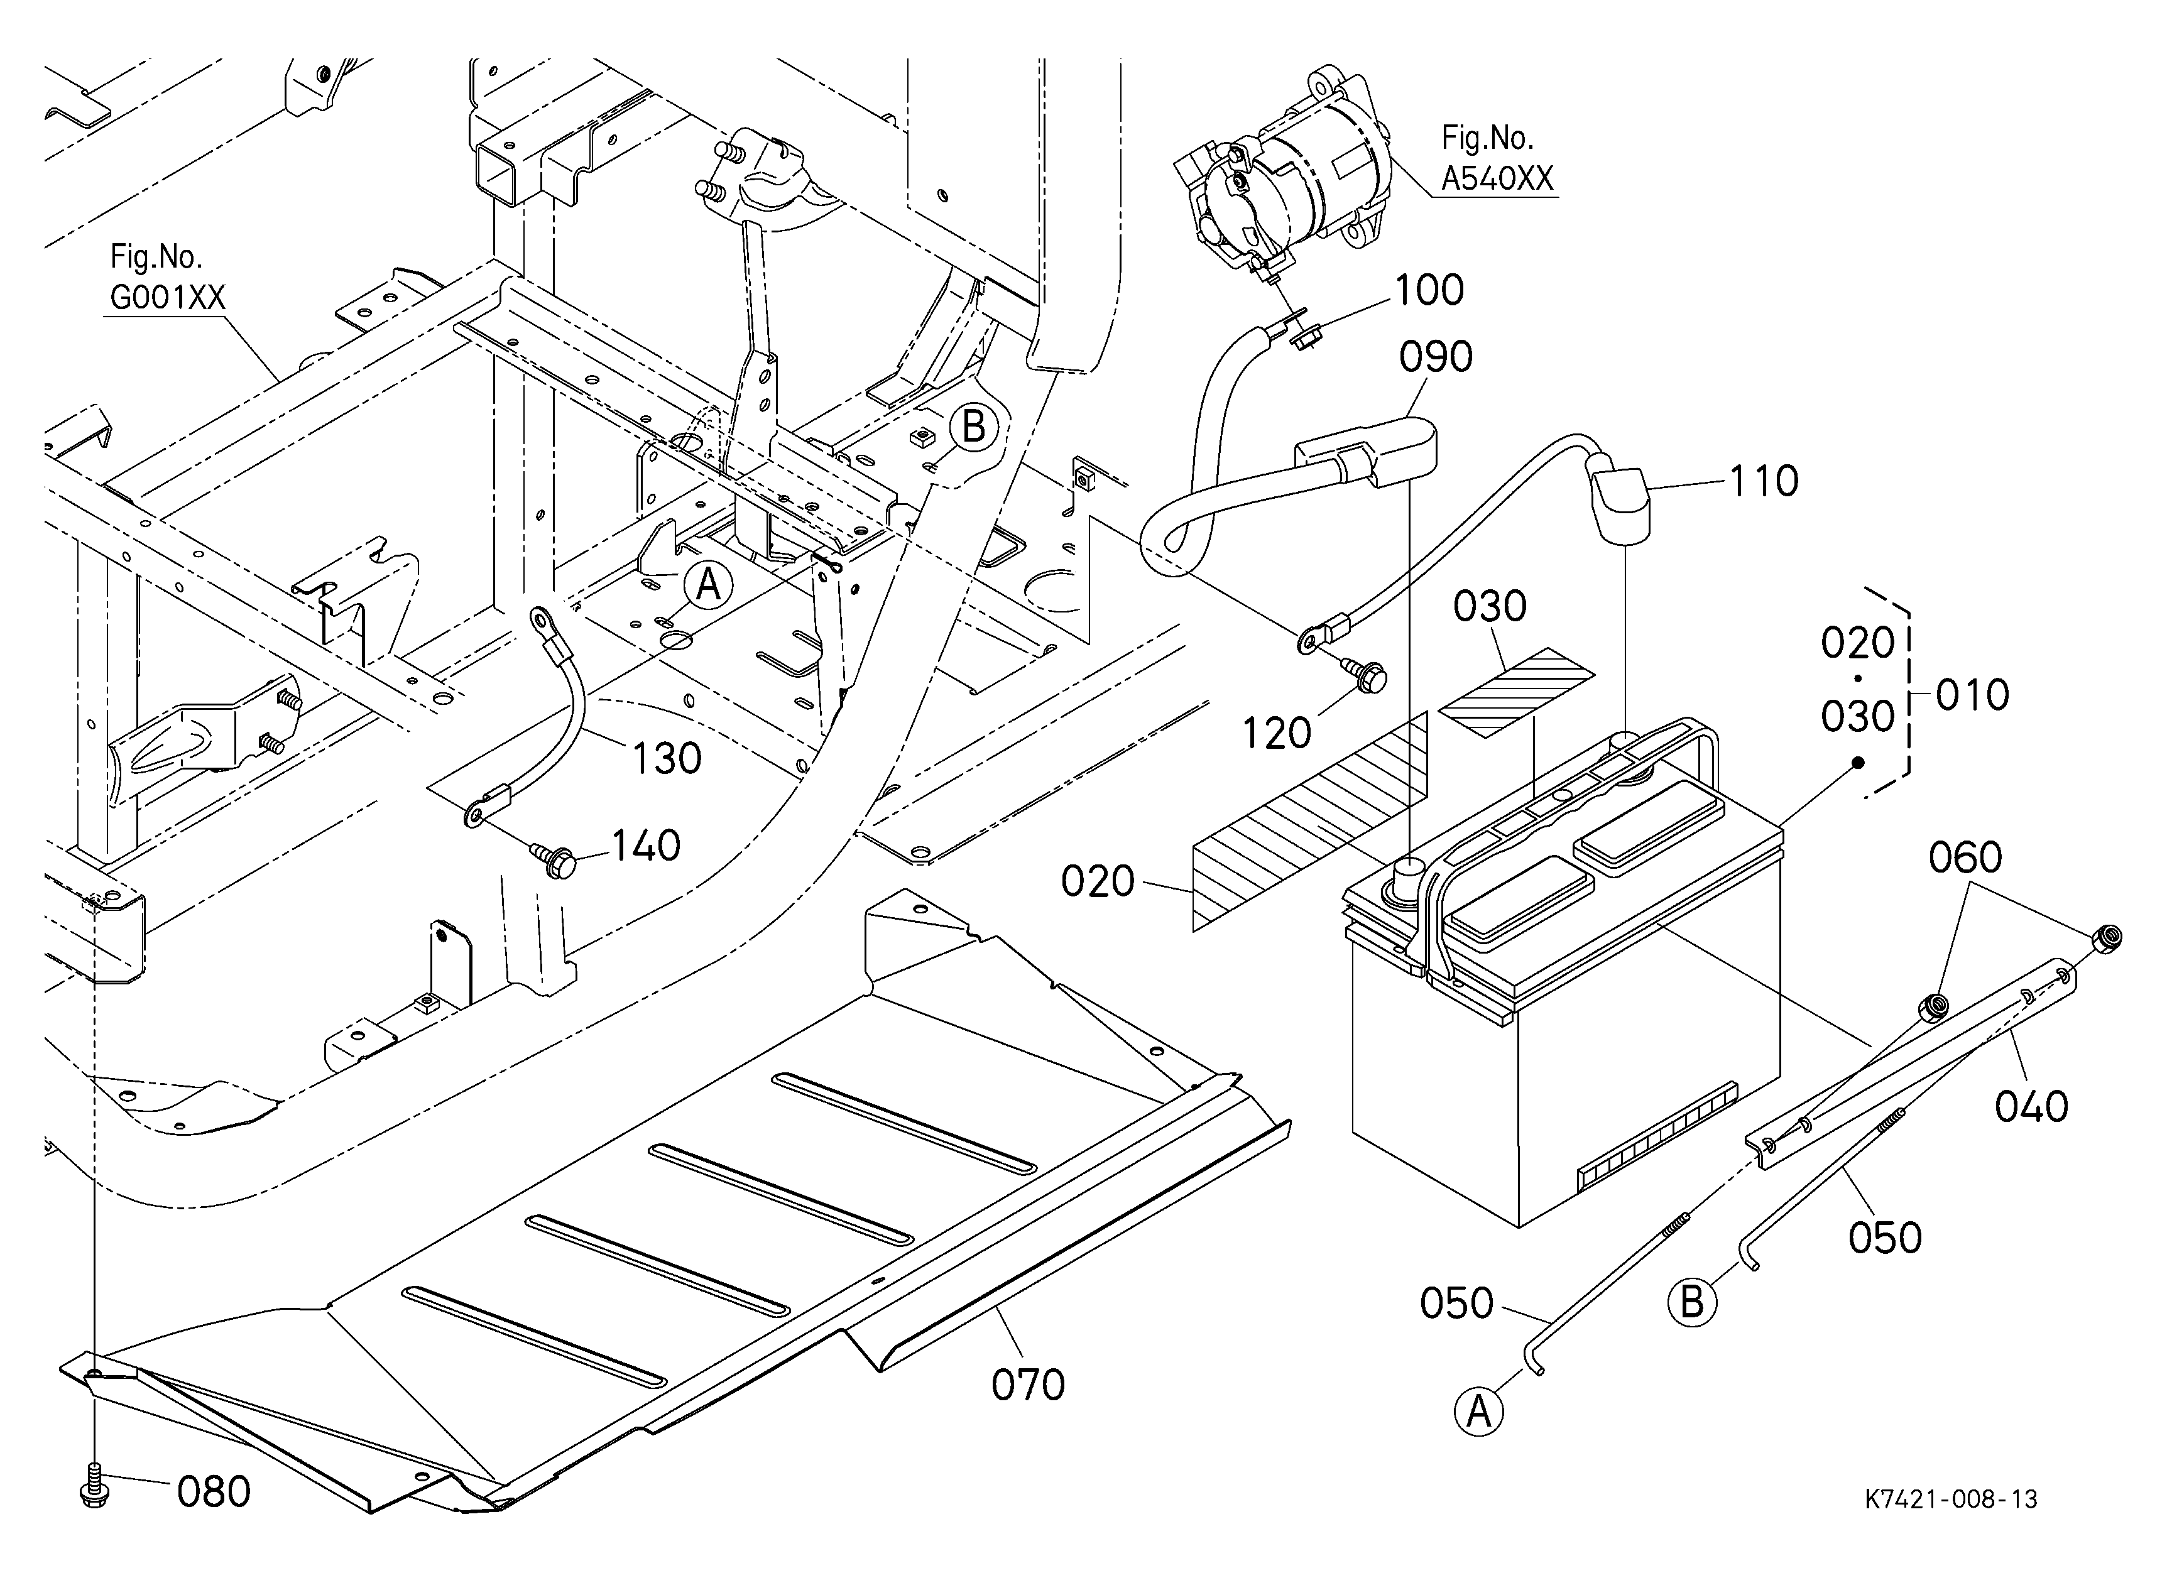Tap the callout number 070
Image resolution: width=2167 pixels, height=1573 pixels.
click(x=1027, y=1384)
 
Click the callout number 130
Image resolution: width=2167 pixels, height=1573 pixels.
click(x=667, y=759)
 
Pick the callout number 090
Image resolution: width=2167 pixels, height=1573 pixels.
click(x=1435, y=357)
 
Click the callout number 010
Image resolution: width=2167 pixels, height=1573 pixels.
click(x=1971, y=695)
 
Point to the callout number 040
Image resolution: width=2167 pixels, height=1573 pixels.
click(x=2031, y=1107)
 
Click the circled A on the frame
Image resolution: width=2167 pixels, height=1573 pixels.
click(x=707, y=584)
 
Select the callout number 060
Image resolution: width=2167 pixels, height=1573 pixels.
click(x=1965, y=857)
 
